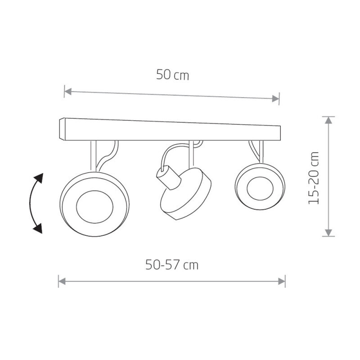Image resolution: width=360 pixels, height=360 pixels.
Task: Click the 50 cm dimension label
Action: point(173,75)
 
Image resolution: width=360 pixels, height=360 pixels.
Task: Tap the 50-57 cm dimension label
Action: point(172,265)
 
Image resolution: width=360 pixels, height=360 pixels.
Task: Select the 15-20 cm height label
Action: point(314,178)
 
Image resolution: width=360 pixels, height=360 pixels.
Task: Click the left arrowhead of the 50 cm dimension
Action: point(68,91)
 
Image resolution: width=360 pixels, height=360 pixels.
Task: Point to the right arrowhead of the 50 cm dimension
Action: point(275,99)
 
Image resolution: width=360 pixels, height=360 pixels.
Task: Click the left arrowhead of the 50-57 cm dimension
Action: point(62,281)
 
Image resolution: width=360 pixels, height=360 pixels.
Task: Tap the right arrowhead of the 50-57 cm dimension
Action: point(282,281)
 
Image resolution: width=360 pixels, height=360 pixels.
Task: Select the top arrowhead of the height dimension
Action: point(329,120)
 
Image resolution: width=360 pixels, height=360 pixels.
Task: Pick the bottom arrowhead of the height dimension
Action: point(329,233)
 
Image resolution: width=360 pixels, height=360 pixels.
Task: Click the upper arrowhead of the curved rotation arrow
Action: point(39,178)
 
